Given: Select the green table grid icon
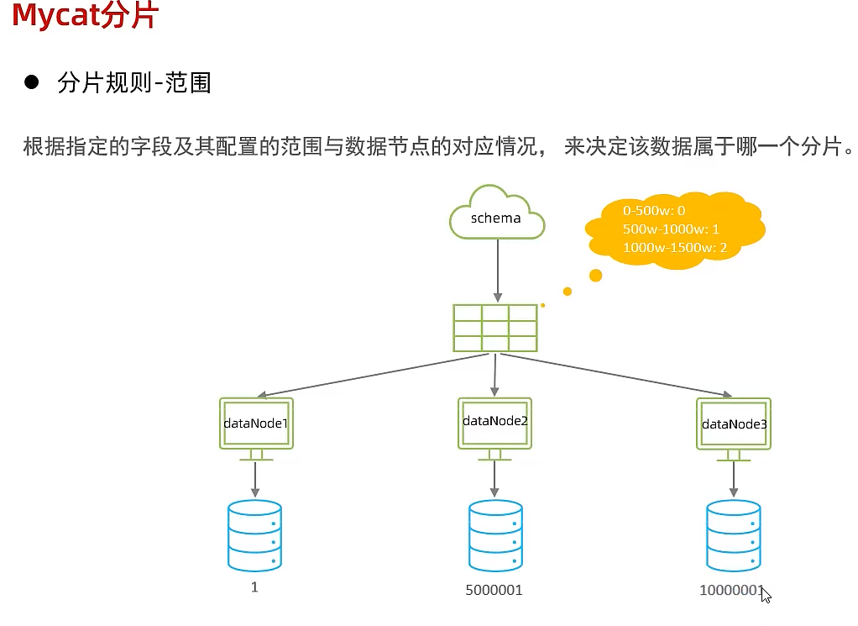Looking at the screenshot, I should click(495, 328).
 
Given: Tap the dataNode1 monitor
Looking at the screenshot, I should click(256, 423).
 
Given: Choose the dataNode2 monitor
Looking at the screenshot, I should click(495, 421).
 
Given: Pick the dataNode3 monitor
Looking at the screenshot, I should click(734, 423).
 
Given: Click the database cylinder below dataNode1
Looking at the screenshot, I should click(254, 536).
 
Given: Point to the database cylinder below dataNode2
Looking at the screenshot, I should click(495, 536).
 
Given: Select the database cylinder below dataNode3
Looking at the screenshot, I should click(734, 536).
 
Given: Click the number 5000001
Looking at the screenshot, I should click(494, 590).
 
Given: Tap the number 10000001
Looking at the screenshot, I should click(732, 590).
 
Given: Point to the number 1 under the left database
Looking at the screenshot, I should click(254, 587).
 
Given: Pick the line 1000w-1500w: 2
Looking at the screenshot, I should click(675, 248).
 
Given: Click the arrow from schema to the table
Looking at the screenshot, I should click(497, 269).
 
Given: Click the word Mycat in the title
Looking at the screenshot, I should click(55, 16).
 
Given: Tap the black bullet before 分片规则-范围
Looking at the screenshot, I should click(33, 82).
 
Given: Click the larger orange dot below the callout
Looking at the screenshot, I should click(595, 275).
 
